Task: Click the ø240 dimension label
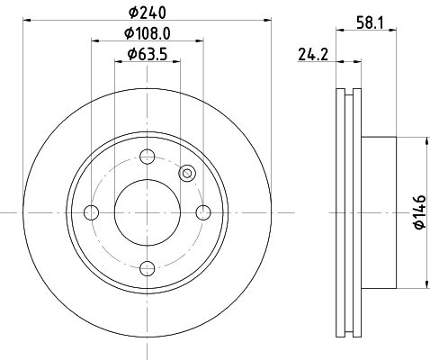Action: click(147, 13)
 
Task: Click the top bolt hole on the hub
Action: click(147, 156)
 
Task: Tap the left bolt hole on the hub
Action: click(90, 212)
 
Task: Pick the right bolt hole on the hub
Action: click(203, 212)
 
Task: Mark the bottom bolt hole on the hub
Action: click(147, 268)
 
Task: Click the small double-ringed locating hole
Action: click(187, 173)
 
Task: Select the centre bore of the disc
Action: click(147, 212)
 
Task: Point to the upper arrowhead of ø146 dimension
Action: click(418, 142)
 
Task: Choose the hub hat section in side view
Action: click(378, 212)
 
